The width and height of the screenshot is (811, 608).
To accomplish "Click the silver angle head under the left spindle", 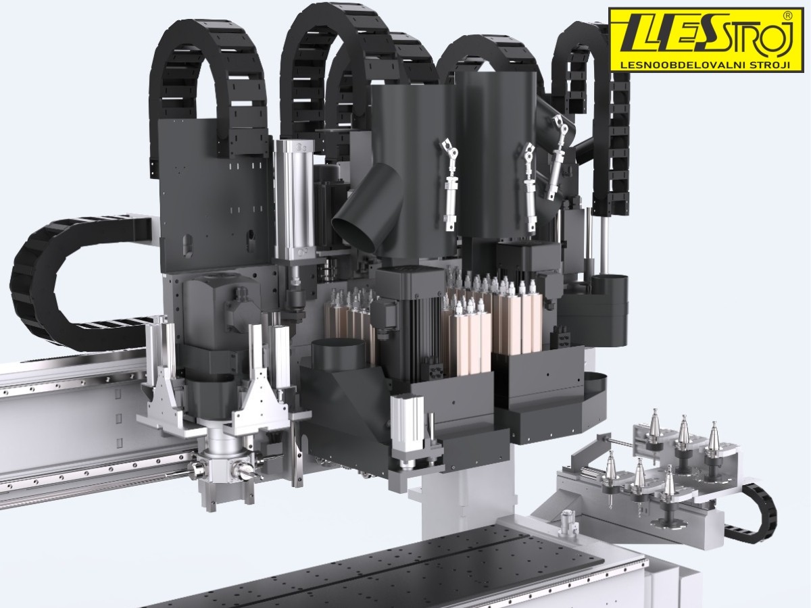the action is pyautogui.click(x=224, y=468).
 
